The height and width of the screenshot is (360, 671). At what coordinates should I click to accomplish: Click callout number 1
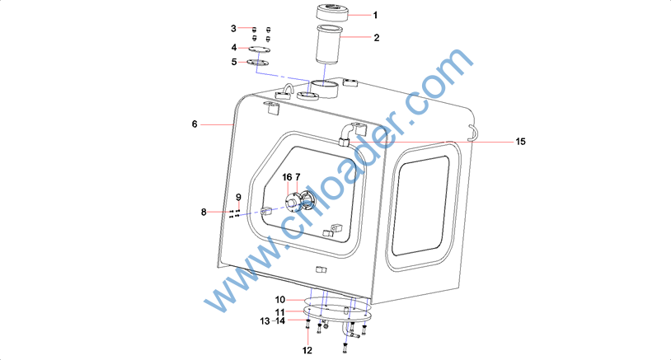(375, 16)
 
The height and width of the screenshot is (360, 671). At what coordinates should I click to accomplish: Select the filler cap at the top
(332, 12)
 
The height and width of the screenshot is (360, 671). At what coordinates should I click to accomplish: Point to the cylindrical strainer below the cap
(328, 44)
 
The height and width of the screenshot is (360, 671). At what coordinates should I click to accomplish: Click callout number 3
(233, 28)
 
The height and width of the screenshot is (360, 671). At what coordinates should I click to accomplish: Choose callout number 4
(233, 47)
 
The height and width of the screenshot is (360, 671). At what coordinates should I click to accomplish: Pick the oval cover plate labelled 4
(260, 49)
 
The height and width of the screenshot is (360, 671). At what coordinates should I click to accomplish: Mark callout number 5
(233, 62)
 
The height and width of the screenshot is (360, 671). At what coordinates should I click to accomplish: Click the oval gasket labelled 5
(258, 63)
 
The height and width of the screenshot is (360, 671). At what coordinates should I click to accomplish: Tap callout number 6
(195, 124)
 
